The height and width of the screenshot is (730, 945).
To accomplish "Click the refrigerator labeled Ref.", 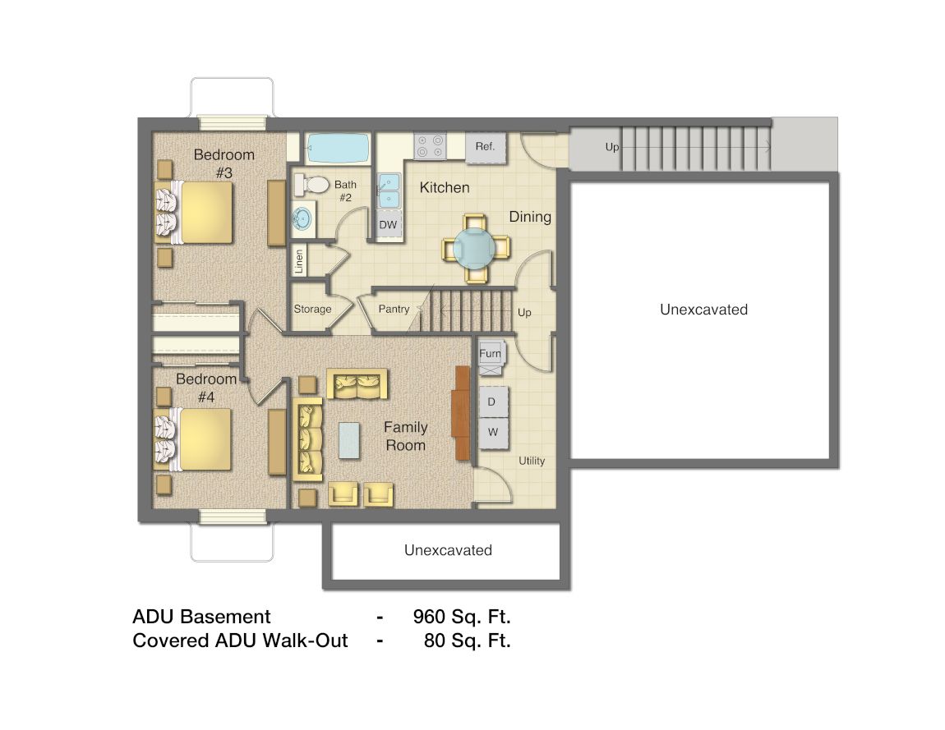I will coord(485,148).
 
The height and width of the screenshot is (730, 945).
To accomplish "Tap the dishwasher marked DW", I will coord(388,224).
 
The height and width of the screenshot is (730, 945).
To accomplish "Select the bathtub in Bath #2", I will coord(338,149).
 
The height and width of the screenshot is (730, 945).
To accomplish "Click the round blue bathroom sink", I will coord(302,219).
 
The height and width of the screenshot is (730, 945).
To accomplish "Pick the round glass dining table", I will coord(475,246).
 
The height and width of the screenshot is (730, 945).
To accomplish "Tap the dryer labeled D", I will coord(492,402).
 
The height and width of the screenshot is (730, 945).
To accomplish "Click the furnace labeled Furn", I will coord(491,354).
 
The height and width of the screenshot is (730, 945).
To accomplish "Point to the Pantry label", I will coord(394,310).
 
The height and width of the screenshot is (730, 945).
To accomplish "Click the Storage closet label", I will coord(312,310).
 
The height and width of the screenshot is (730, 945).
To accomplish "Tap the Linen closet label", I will coord(299,261).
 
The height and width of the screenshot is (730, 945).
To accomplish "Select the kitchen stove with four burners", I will coord(430,146).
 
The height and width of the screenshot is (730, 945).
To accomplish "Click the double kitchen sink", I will coord(388,191).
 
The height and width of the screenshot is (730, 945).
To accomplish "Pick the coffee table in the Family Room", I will coord(349,440).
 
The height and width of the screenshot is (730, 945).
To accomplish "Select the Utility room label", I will coord(532,461).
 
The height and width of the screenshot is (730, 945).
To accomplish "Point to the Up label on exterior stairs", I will coord(612,147).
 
